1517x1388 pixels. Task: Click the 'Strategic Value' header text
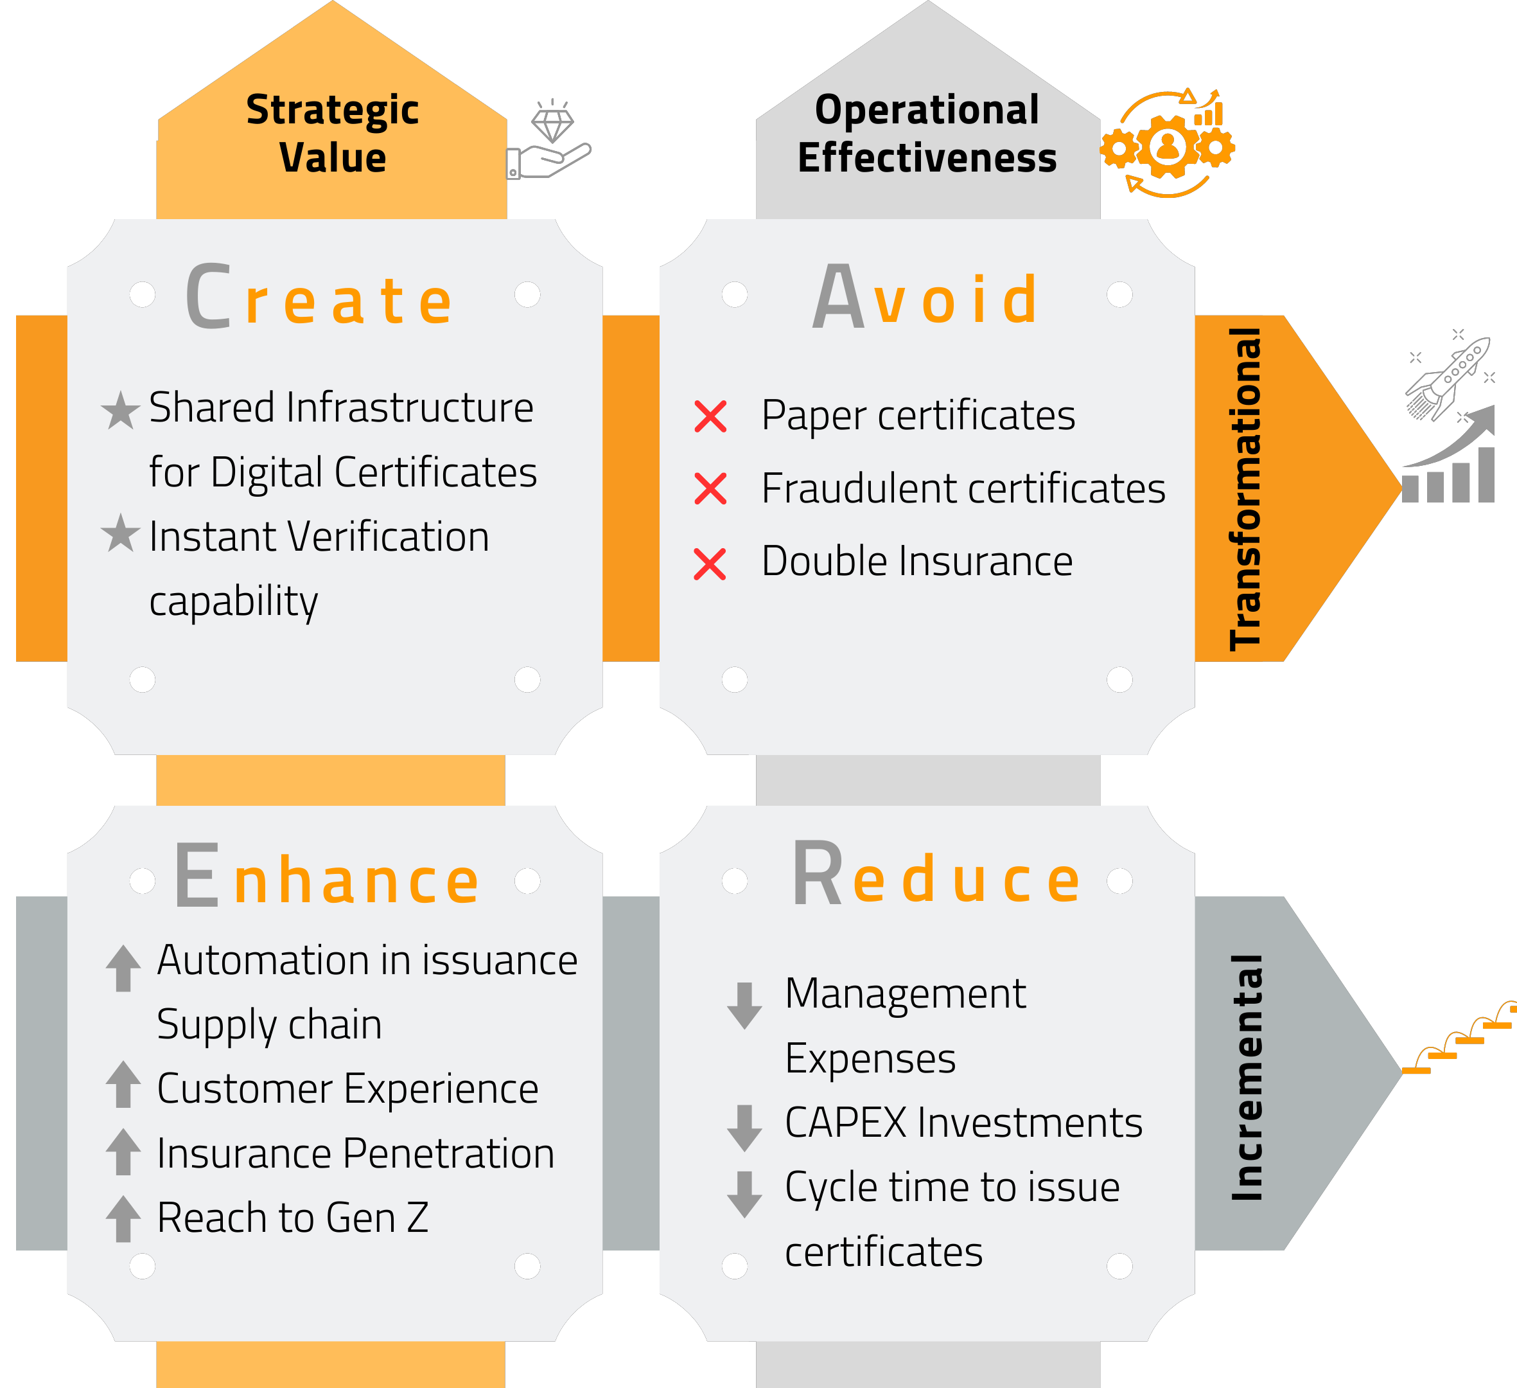332,133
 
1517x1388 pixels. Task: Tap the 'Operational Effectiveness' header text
927,133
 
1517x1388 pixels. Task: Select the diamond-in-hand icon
548,139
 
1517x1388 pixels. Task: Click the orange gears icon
1167,144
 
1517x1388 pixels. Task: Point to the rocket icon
1448,374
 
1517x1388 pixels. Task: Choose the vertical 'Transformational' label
1246,488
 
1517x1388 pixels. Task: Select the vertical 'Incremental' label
1247,1077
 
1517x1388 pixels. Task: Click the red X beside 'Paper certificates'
710,416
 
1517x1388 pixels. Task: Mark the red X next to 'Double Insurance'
710,564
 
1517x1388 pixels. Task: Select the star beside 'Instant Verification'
120,533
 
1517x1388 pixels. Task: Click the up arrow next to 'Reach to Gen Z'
123,1218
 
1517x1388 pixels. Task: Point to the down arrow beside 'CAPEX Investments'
745,1128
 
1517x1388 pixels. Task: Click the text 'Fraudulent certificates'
963,488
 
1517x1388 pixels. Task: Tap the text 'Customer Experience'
347,1089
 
